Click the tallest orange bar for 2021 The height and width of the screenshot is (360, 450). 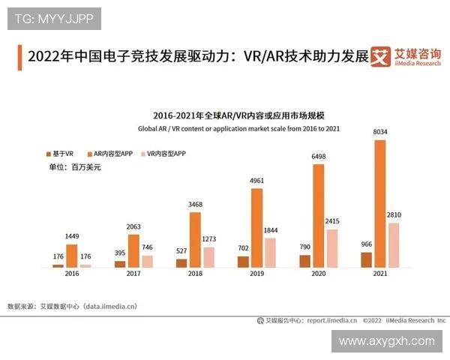click(x=379, y=203)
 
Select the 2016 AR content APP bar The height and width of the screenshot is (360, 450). click(x=72, y=256)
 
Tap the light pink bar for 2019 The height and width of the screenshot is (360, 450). click(x=270, y=253)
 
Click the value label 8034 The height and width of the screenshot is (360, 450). click(x=379, y=132)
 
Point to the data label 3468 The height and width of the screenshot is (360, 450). click(x=195, y=205)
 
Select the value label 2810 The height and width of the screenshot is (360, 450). click(x=394, y=215)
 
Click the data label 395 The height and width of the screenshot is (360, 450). click(x=120, y=253)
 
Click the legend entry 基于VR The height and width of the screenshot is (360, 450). click(x=60, y=153)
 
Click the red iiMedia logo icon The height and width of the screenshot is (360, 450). click(x=381, y=56)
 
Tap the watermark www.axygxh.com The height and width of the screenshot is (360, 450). click(x=386, y=341)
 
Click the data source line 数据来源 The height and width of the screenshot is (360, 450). click(x=72, y=306)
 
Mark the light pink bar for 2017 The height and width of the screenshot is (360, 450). click(x=147, y=261)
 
